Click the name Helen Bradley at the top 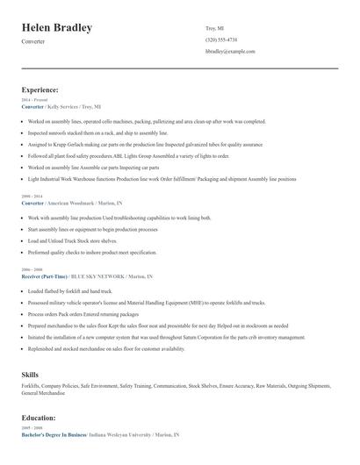click(x=57, y=28)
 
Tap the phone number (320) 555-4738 click(x=221, y=40)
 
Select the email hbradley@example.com click(x=230, y=52)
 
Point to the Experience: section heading click(x=40, y=89)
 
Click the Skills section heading click(x=30, y=375)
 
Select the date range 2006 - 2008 click(x=31, y=269)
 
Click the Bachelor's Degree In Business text click(x=53, y=435)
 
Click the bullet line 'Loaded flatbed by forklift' click(x=69, y=290)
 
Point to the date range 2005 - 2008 click(x=31, y=429)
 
